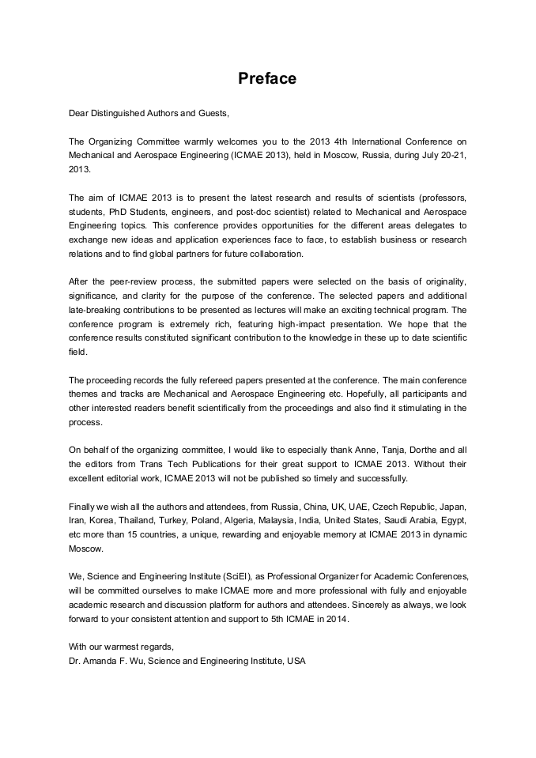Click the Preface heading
267,79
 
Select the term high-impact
290,324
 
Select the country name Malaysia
323,520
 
